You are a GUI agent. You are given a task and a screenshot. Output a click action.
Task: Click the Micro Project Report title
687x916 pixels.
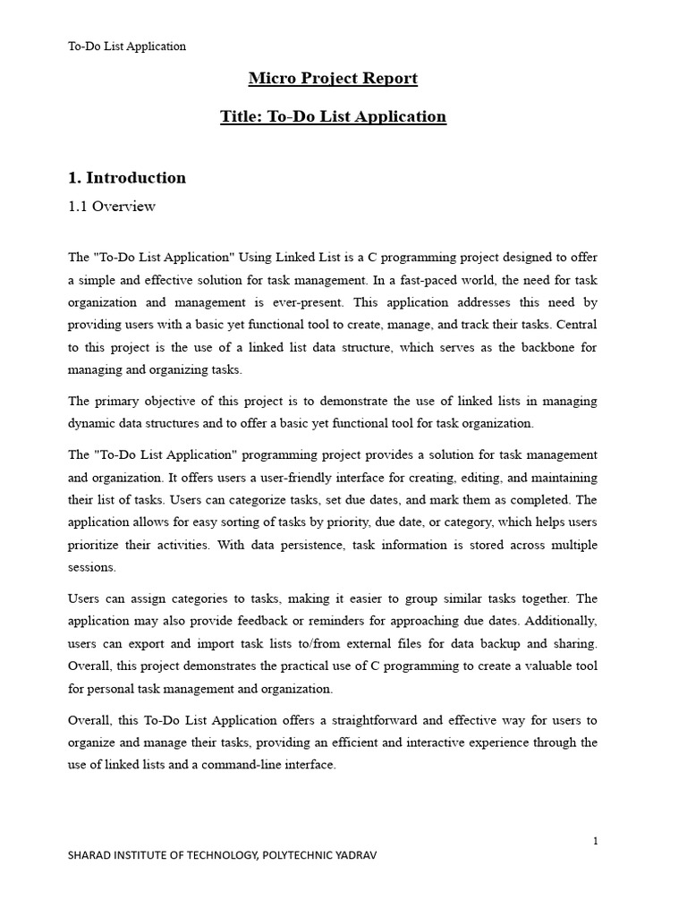[x=333, y=79]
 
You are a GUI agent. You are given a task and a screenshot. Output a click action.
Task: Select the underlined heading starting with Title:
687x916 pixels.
[x=333, y=116]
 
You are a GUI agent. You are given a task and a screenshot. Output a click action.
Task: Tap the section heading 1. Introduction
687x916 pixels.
[x=127, y=177]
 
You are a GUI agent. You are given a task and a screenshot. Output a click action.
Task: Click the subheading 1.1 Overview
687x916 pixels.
[x=112, y=207]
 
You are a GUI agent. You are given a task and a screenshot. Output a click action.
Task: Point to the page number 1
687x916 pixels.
[x=595, y=841]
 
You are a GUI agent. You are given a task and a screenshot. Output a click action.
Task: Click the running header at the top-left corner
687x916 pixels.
[x=127, y=47]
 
